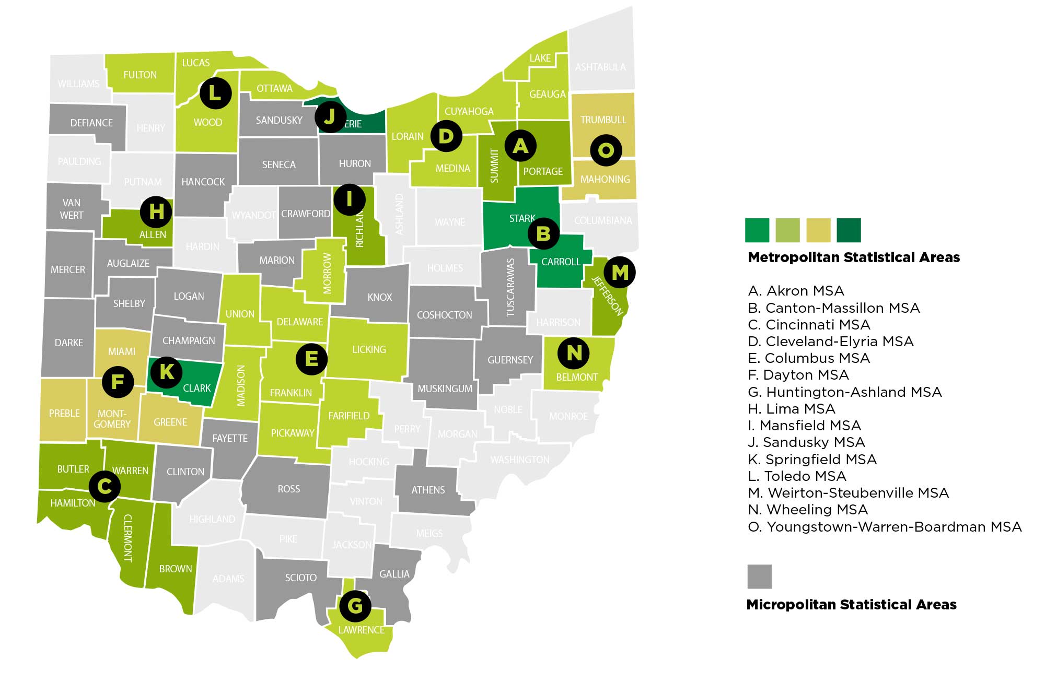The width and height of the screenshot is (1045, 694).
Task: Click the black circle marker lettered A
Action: pos(520,146)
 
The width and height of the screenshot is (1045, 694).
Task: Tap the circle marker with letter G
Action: pos(355,606)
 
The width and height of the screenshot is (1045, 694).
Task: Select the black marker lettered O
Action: pos(606,150)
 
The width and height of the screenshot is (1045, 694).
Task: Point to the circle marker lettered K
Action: pos(167,372)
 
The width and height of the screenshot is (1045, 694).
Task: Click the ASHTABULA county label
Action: pos(600,67)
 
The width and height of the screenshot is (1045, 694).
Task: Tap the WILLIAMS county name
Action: pos(78,84)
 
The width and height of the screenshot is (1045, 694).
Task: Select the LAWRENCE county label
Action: pos(361,630)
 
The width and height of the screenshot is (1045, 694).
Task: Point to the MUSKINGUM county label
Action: pos(445,389)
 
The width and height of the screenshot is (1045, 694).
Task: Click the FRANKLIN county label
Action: pos(291,393)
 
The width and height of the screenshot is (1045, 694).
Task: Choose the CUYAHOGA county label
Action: pos(469,111)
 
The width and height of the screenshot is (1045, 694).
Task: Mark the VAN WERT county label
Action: pos(72,209)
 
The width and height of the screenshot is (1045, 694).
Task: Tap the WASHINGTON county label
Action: pos(519,460)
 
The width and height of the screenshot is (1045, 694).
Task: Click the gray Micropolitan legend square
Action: pos(759,577)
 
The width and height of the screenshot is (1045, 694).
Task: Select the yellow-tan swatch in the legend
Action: pos(818,230)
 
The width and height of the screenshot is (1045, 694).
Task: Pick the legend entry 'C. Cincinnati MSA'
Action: pos(809,325)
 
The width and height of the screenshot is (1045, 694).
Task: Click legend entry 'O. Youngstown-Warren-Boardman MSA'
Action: pos(885,527)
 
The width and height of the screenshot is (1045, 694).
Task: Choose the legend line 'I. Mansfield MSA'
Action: pos(805,426)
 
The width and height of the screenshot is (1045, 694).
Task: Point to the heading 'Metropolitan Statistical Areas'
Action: pos(854,257)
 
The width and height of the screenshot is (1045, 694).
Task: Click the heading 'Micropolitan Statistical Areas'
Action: pos(851,605)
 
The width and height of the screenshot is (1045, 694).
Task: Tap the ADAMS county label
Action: pos(228,579)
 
